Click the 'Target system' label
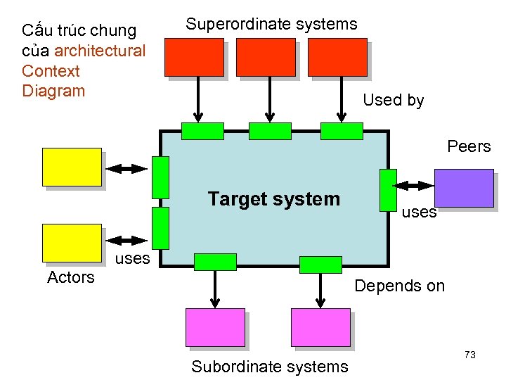tap(273, 199)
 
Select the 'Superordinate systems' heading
tap(271, 24)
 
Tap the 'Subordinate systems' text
tap(269, 366)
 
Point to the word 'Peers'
tap(469, 146)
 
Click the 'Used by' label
tap(393, 100)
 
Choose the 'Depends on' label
tap(399, 286)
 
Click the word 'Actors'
tap(70, 277)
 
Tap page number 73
tap(470, 355)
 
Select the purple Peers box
tap(463, 188)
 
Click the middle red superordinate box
tap(266, 57)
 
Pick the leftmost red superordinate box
tap(194, 57)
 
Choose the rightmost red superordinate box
tap(337, 57)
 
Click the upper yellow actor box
tap(72, 167)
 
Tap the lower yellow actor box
tap(72, 243)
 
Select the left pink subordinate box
tap(214, 327)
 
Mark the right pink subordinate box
tap(320, 327)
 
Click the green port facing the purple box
tap(387, 190)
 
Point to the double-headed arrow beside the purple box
tap(415, 186)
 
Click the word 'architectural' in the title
tap(100, 51)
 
